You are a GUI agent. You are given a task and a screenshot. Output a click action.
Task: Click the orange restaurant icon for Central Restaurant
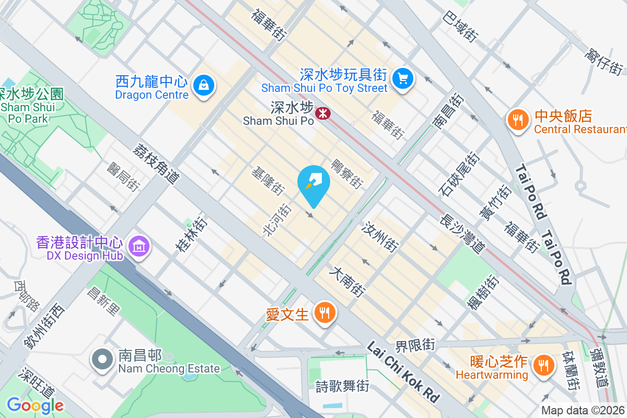click(518, 120)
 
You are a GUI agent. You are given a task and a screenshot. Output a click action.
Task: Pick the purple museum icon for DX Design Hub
click(140, 245)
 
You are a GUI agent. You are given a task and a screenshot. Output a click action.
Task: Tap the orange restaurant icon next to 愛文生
click(324, 313)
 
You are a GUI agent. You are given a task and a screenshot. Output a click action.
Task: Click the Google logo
click(35, 405)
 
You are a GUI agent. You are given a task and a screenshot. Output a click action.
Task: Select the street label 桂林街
click(191, 235)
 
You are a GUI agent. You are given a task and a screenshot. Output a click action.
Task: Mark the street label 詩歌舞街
click(342, 387)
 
